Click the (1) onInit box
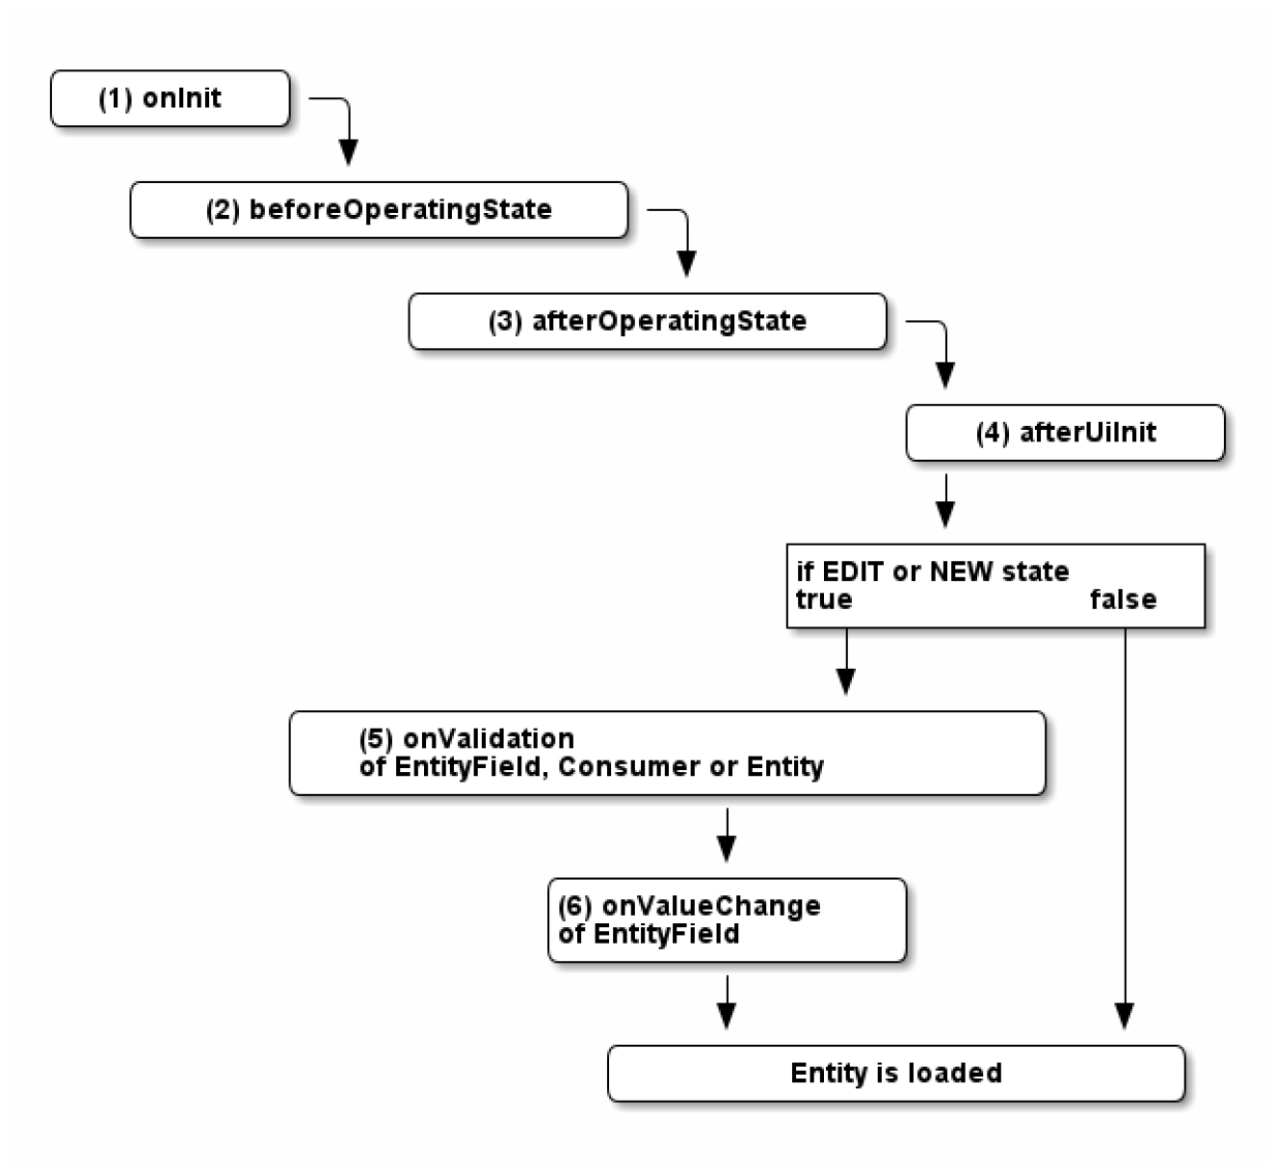[170, 98]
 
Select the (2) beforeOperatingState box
[378, 210]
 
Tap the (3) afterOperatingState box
[647, 322]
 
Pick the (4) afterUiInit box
[1065, 433]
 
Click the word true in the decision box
[823, 600]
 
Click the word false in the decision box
[1123, 600]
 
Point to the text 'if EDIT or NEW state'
[932, 572]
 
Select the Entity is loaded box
[895, 1074]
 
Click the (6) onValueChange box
[727, 920]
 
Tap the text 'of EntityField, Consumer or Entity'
[592, 767]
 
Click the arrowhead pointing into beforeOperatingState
[349, 152]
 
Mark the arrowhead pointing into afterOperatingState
[686, 263]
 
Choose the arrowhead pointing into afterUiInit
[945, 375]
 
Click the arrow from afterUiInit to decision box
[945, 500]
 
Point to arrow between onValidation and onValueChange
[727, 834]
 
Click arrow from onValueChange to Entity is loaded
[727, 1002]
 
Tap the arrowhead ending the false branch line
[1125, 1016]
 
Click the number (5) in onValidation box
[376, 739]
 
